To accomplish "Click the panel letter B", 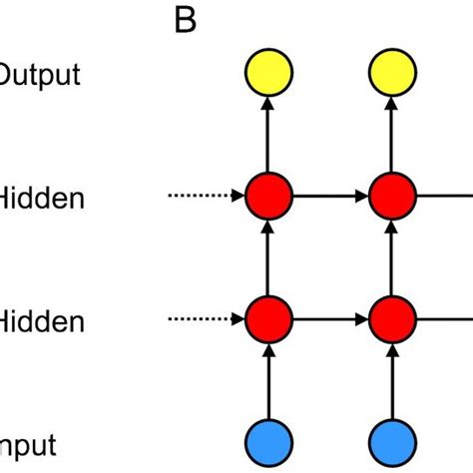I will coord(186,21).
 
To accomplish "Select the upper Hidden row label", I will coord(42,199).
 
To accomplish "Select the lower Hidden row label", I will coord(42,321).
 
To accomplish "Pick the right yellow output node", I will coord(392,73).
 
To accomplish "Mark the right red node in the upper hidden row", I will coord(392,196).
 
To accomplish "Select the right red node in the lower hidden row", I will coord(392,319).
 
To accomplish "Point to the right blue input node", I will coord(392,441).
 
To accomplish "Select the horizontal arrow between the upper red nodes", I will coord(330,196).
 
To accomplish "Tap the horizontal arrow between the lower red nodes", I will coord(330,319).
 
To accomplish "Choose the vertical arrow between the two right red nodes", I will coord(392,257).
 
